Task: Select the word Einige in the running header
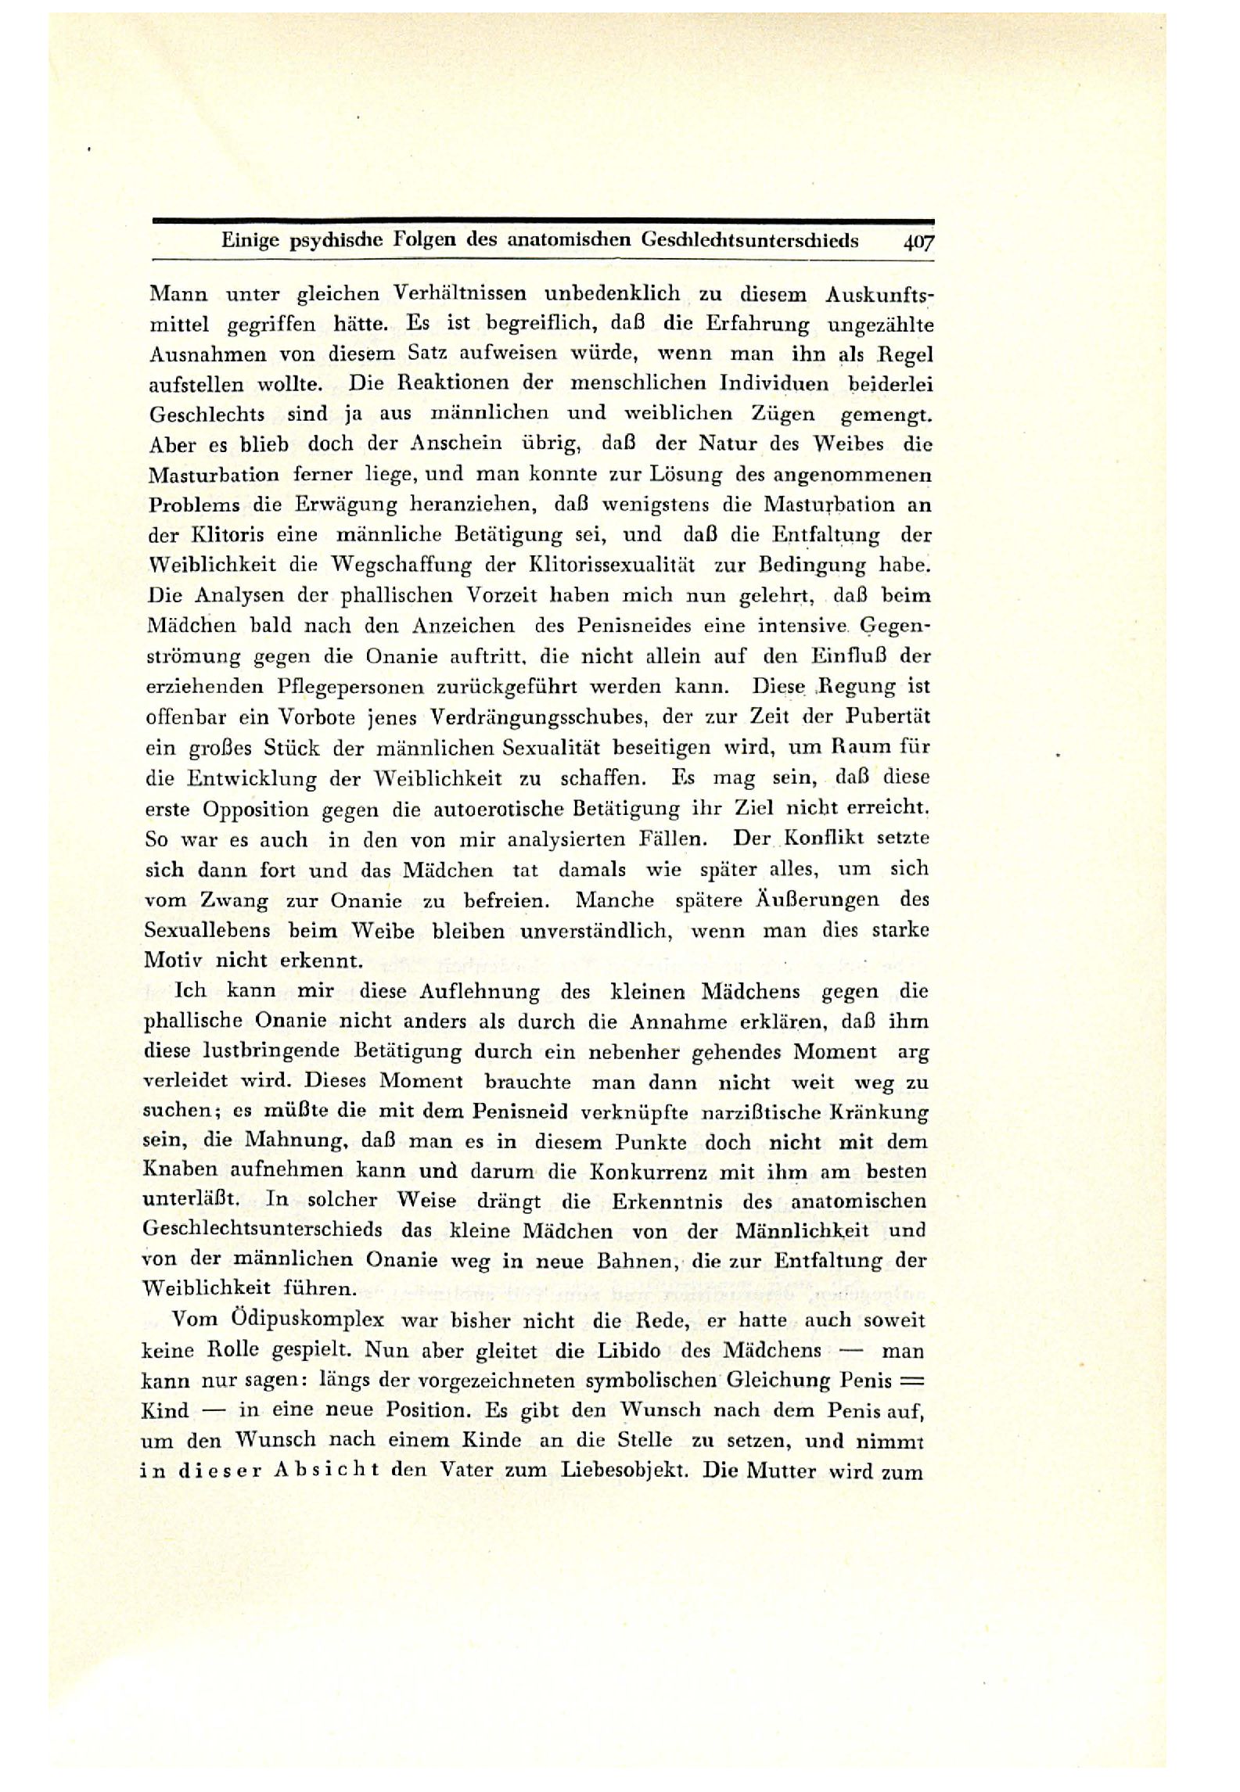[x=250, y=240]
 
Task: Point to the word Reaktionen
[x=423, y=383]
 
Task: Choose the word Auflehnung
[x=479, y=992]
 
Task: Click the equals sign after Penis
[x=912, y=1381]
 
